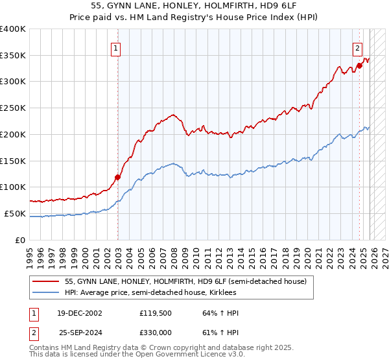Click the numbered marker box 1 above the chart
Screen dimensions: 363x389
tap(115, 47)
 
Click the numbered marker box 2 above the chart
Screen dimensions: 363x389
tap(357, 47)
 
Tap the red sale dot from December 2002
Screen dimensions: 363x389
tap(117, 176)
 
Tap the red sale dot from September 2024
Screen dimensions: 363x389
tap(359, 65)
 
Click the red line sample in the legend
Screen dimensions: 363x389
tap(46, 281)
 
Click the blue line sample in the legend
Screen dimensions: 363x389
tap(46, 292)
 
